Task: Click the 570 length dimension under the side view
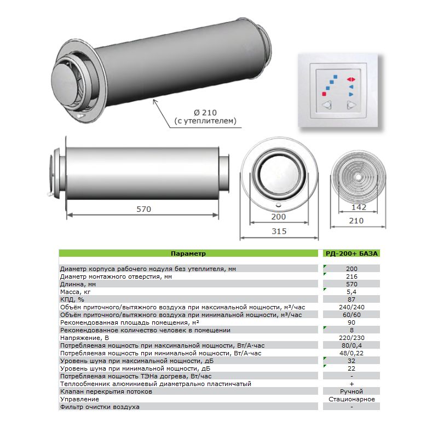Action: click(x=143, y=209)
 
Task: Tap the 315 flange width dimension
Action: click(x=279, y=231)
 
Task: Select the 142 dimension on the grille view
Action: click(x=359, y=208)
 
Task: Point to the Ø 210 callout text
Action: click(x=205, y=113)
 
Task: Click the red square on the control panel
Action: click(x=324, y=94)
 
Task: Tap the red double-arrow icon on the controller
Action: click(x=351, y=79)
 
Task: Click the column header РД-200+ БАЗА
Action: click(x=351, y=253)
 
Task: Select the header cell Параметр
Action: click(x=188, y=253)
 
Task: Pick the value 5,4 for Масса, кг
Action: click(x=351, y=292)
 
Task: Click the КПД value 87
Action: click(x=351, y=299)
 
